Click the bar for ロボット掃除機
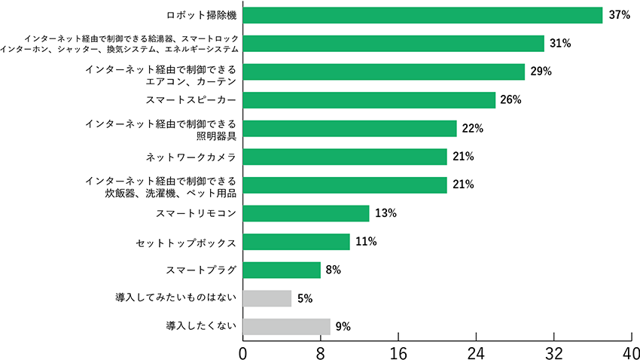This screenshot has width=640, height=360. pyautogui.click(x=422, y=15)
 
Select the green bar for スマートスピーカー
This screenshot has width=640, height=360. pyautogui.click(x=369, y=100)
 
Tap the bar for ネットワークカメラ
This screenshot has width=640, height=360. pyautogui.click(x=345, y=157)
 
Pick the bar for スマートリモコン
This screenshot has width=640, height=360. pyautogui.click(x=306, y=213)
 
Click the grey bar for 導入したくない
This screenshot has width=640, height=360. pyautogui.click(x=286, y=326)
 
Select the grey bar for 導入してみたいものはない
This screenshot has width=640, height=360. pyautogui.click(x=267, y=298)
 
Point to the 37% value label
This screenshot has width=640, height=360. pyautogui.click(x=620, y=15)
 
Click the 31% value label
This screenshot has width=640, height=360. pyautogui.click(x=560, y=44)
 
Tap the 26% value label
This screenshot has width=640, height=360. pyautogui.click(x=511, y=100)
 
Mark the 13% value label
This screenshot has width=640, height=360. pyautogui.click(x=386, y=213)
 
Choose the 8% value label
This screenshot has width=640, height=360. pyautogui.click(x=334, y=270)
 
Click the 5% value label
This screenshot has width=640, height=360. pyautogui.click(x=305, y=298)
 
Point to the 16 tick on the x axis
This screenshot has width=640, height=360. pyautogui.click(x=398, y=351)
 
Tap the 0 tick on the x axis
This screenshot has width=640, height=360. pyautogui.click(x=243, y=351)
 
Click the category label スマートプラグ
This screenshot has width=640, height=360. pyautogui.click(x=201, y=270)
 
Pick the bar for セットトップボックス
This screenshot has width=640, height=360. pyautogui.click(x=297, y=242)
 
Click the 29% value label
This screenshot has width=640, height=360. pyautogui.click(x=541, y=72)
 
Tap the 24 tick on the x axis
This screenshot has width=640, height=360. pyautogui.click(x=476, y=351)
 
